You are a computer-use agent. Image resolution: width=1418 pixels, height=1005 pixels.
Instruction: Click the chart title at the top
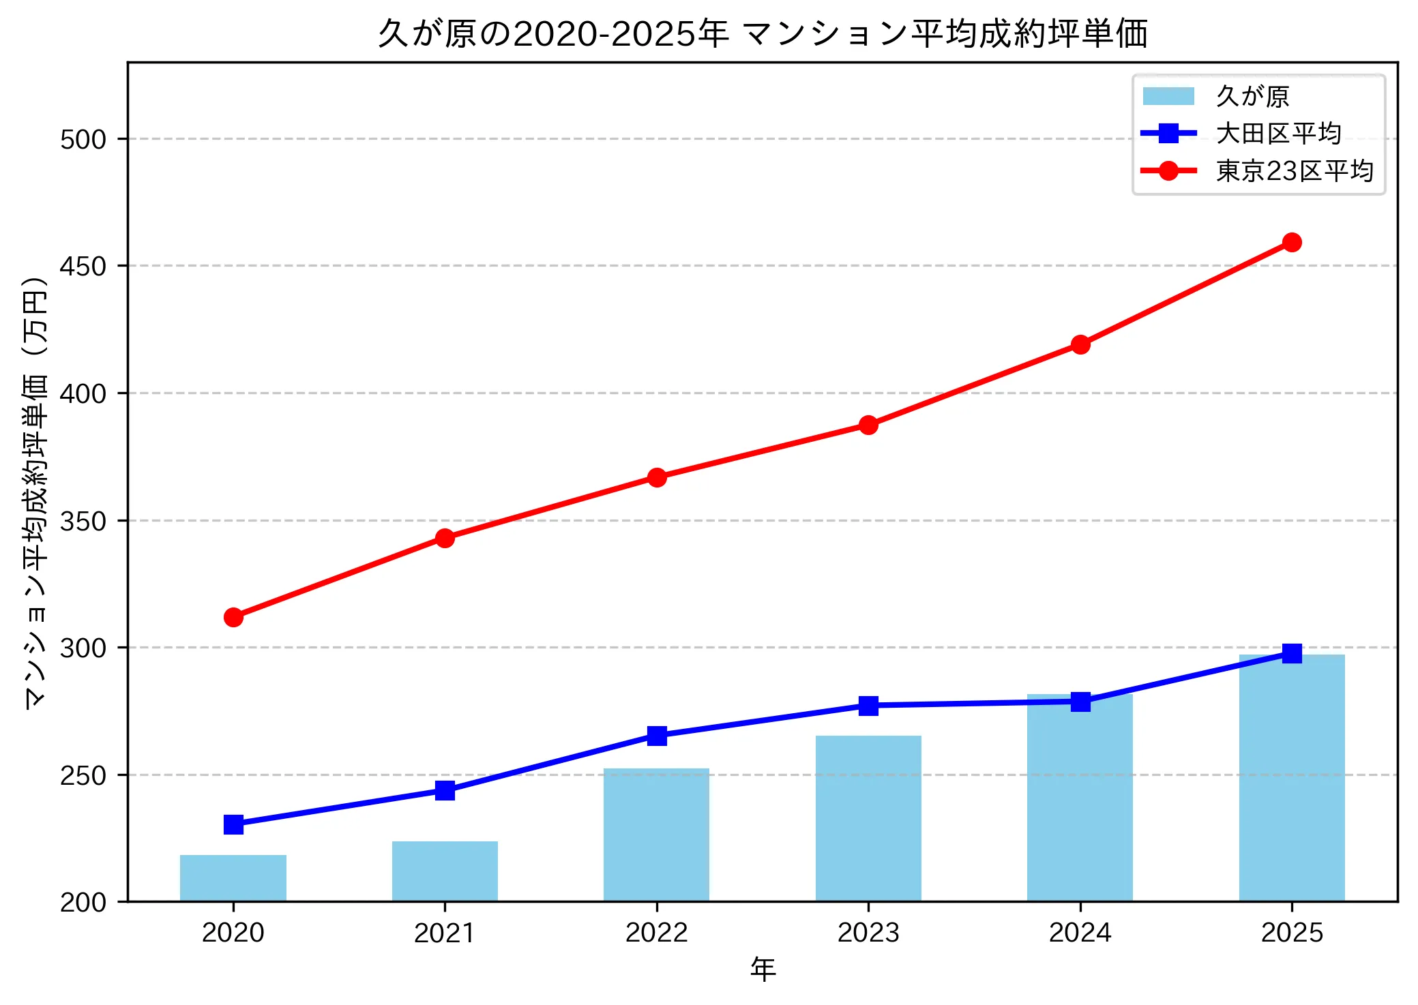763,33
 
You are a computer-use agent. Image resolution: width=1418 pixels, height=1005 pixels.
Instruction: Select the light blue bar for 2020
233,878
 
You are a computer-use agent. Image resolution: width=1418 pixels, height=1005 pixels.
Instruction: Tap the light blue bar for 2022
656,835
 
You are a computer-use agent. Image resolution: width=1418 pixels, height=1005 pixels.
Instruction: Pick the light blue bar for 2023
868,818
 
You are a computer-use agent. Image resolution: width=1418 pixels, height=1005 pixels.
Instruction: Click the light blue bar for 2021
445,871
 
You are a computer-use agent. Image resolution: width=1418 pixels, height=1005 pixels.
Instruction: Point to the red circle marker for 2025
1292,242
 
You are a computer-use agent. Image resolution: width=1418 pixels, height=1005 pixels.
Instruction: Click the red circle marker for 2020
233,617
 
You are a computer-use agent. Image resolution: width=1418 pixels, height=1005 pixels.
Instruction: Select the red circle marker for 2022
657,477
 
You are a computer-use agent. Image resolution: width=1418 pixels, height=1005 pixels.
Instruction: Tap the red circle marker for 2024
1080,344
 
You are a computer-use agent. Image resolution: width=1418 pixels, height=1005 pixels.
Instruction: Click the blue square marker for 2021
445,790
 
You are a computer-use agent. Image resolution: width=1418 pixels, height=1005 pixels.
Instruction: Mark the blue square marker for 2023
868,706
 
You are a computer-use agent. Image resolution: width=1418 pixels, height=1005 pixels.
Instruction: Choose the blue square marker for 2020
233,824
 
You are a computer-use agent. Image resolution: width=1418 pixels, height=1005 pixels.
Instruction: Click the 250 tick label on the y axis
83,775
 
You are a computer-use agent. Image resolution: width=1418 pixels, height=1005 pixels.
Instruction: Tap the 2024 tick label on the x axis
1080,932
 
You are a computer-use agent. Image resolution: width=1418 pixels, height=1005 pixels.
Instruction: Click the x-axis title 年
763,969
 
